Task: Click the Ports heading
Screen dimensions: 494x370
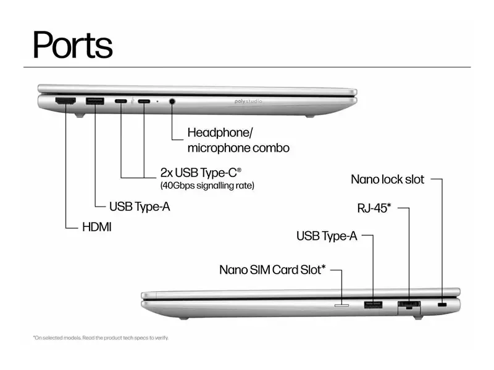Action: point(73,45)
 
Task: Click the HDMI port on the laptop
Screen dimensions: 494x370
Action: point(65,101)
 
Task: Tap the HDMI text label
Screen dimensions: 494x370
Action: point(97,227)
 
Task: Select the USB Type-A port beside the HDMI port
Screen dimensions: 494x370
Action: point(95,101)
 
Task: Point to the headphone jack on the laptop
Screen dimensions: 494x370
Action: point(172,101)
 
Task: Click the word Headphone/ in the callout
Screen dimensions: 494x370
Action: point(220,133)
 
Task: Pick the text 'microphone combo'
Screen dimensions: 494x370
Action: point(238,148)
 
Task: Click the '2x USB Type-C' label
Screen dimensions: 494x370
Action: point(201,173)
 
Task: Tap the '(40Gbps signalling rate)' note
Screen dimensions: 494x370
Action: point(207,186)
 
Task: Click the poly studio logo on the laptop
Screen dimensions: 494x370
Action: point(248,101)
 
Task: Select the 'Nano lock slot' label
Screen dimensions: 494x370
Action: point(388,179)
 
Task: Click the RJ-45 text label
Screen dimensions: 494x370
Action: point(374,208)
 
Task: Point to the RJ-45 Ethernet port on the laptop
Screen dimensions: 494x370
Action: point(409,305)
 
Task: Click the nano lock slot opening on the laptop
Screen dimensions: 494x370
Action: point(442,305)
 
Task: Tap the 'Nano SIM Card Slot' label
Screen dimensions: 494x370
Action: point(272,269)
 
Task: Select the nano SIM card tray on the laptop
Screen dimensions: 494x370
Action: point(341,305)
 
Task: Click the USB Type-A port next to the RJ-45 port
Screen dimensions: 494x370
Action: point(374,305)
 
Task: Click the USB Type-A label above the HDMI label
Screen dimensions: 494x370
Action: point(140,207)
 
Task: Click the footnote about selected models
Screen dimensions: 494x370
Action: point(101,338)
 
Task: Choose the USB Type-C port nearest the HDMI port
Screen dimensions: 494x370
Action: point(121,101)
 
